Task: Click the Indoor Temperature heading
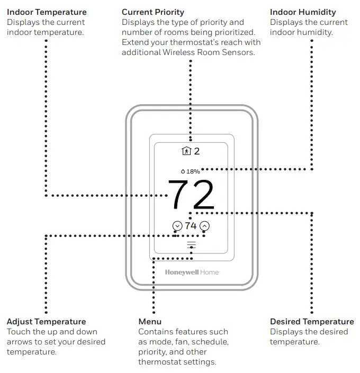(47, 12)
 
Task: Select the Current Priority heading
(153, 12)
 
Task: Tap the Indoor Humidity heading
(303, 12)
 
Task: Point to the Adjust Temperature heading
(46, 322)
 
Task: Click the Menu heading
(150, 322)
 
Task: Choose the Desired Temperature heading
(312, 322)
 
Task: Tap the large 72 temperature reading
(191, 195)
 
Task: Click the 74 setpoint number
(191, 226)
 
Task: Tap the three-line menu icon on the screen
(191, 244)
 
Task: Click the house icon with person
(186, 151)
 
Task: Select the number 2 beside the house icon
(197, 151)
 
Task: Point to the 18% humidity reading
(193, 171)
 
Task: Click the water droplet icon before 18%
(183, 171)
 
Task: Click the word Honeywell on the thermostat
(182, 272)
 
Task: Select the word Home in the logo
(209, 272)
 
